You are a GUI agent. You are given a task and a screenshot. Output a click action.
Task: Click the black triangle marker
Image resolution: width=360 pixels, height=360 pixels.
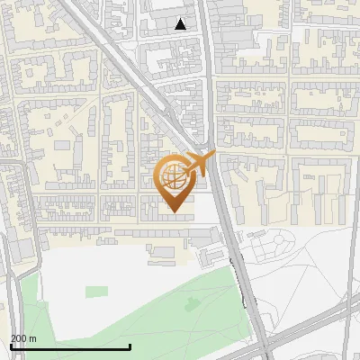pyautogui.click(x=181, y=24)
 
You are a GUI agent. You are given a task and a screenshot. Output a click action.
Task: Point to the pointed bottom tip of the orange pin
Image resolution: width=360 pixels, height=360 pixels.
pyautogui.click(x=174, y=211)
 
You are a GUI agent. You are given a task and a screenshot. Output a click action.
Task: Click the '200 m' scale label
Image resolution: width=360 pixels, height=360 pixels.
pyautogui.click(x=24, y=338)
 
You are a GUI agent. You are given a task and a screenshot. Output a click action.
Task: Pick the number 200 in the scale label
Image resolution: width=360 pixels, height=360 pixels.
pyautogui.click(x=19, y=338)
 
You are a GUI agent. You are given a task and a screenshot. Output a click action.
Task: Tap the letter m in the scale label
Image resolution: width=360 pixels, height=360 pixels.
pyautogui.click(x=33, y=338)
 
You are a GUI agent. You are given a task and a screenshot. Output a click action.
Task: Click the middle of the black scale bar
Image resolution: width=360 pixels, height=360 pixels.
pyautogui.click(x=70, y=346)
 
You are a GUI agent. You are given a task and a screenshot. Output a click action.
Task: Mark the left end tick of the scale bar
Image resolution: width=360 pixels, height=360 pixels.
pyautogui.click(x=11, y=346)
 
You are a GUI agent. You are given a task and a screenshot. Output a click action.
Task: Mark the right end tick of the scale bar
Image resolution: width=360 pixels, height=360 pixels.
pyautogui.click(x=130, y=346)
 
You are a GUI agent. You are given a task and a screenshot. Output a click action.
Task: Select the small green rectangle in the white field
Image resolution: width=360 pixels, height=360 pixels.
pyautogui.click(x=96, y=291)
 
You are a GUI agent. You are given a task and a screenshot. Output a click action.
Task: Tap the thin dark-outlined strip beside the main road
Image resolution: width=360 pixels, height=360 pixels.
pyautogui.click(x=238, y=279)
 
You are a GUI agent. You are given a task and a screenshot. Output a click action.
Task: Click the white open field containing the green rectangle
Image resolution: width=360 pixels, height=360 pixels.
pyautogui.click(x=108, y=270)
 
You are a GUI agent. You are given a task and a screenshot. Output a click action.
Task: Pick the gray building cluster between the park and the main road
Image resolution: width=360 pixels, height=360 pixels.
pyautogui.click(x=216, y=247)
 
